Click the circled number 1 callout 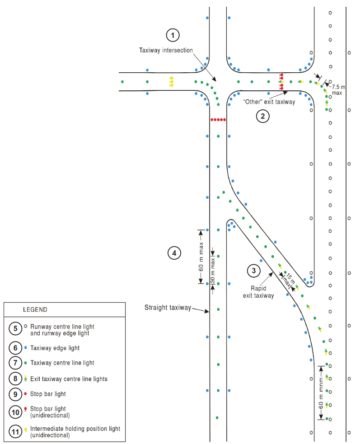click(173, 35)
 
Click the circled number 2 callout click(262, 116)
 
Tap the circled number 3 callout click(253, 271)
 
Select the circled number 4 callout click(174, 253)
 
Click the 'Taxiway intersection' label click(166, 51)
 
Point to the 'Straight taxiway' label click(168, 308)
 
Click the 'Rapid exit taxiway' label click(258, 292)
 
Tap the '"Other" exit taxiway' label click(269, 102)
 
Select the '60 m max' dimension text click(201, 257)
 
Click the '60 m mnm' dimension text click(321, 393)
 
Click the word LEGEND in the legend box click(35, 309)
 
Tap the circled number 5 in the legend click(15, 328)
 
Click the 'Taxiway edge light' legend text click(55, 348)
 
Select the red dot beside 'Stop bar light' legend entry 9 click(25, 393)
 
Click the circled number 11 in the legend click(15, 431)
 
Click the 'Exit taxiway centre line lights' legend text click(69, 379)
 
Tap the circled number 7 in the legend click(15, 363)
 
